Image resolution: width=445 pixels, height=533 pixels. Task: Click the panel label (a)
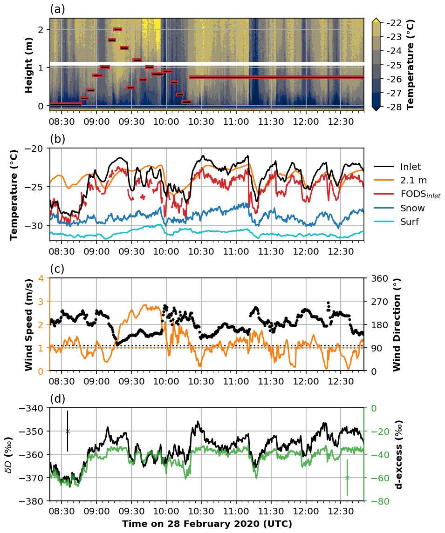(57, 9)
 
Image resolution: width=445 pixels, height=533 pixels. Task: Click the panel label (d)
(57, 399)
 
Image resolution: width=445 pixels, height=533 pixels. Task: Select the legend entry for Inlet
(410, 167)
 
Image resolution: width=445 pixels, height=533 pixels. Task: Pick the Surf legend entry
(410, 222)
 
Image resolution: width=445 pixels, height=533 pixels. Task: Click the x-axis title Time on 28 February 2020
(207, 524)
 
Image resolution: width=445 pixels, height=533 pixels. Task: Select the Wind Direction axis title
(397, 324)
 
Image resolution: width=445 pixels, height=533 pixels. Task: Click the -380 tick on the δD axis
(33, 501)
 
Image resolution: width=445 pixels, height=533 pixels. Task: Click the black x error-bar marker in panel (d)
(68, 431)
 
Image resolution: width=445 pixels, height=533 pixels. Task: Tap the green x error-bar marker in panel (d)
(347, 478)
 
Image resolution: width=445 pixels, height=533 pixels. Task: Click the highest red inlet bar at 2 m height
(117, 29)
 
